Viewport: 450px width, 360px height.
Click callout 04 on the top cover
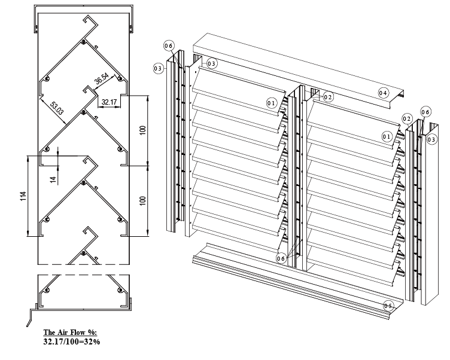click(x=383, y=93)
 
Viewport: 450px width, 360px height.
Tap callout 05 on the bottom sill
click(x=389, y=306)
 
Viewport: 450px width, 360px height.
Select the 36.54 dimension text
click(x=102, y=78)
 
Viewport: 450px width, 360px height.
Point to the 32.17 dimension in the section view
click(x=109, y=102)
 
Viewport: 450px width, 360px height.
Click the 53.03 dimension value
click(x=56, y=108)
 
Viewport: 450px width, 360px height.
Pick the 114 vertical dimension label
click(x=23, y=196)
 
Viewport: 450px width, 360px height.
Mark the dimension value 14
click(x=53, y=180)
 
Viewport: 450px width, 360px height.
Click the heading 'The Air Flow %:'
click(x=71, y=332)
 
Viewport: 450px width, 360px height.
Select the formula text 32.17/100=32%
click(x=72, y=341)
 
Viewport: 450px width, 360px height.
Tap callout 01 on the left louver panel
click(x=272, y=103)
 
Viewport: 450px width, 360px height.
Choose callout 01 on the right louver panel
click(x=387, y=136)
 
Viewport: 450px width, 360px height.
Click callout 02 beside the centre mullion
click(x=328, y=97)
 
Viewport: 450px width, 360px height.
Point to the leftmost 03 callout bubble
click(x=159, y=68)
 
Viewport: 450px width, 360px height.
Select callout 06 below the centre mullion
click(x=281, y=258)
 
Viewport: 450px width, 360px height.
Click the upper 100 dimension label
click(x=143, y=130)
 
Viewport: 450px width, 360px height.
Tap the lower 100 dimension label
click(x=143, y=200)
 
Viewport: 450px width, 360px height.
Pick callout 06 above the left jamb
click(x=169, y=45)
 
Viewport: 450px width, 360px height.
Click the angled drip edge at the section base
click(x=29, y=318)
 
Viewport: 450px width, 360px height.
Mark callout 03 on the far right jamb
click(x=431, y=140)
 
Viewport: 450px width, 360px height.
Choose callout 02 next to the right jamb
click(x=407, y=118)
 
